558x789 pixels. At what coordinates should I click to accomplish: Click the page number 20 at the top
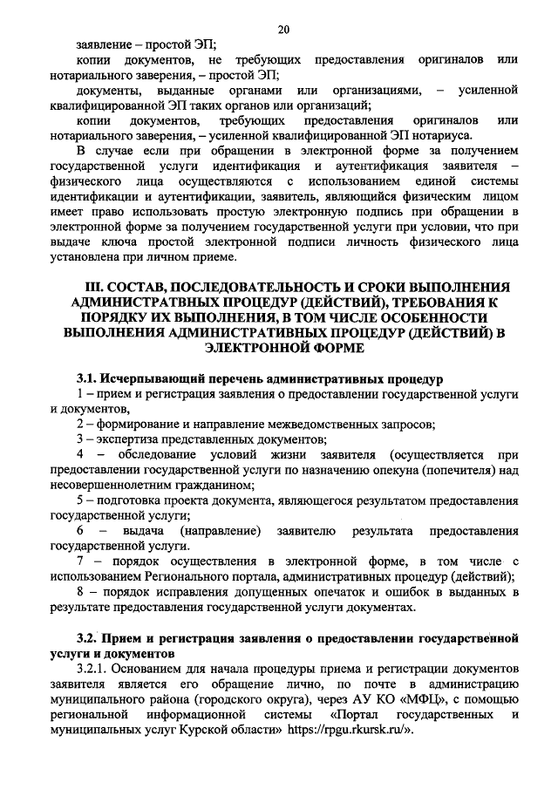283,30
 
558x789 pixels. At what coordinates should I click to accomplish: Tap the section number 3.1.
85,379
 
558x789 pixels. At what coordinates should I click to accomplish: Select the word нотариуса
443,136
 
